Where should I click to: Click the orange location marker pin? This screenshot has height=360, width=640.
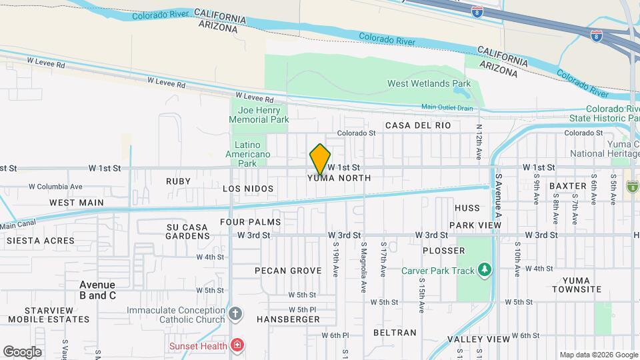[x=320, y=159]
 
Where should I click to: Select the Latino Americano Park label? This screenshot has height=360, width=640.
[x=252, y=154]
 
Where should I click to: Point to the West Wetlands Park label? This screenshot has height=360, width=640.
[x=429, y=83]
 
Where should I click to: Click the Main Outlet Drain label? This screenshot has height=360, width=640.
[x=447, y=107]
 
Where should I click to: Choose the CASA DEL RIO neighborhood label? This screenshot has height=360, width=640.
[x=418, y=125]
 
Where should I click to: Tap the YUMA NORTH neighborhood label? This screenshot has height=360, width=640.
[x=339, y=179]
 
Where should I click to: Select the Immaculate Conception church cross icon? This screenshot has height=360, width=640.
[x=235, y=313]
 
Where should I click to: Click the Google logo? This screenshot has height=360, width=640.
[x=22, y=351]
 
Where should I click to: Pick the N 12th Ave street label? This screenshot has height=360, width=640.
[x=479, y=141]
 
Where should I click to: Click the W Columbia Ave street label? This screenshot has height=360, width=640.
[x=55, y=187]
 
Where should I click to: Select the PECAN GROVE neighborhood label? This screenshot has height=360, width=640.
[x=288, y=271]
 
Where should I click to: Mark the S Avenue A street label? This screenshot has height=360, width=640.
[x=497, y=196]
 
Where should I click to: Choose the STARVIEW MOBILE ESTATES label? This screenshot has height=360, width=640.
[x=57, y=315]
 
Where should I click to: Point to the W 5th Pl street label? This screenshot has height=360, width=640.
[x=302, y=310]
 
